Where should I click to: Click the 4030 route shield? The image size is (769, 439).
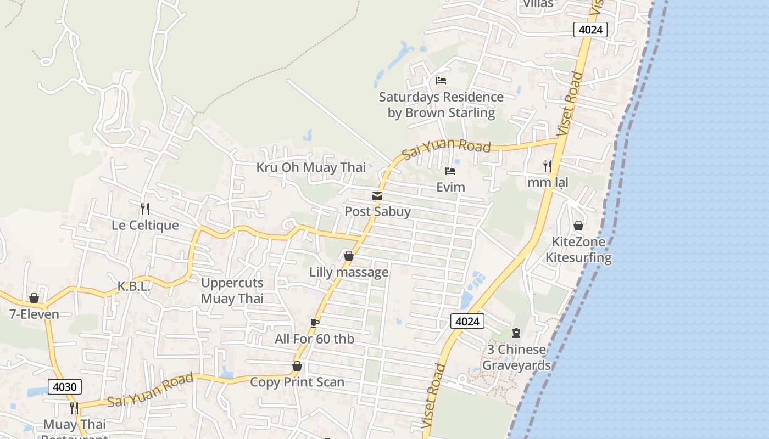pyautogui.click(x=65, y=387)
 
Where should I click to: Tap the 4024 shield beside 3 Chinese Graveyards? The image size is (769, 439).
pyautogui.click(x=467, y=321)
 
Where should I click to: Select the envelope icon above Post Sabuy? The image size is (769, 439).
pyautogui.click(x=377, y=196)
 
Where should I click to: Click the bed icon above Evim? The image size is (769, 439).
pyautogui.click(x=450, y=171)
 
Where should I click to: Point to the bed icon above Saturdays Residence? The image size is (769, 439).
pyautogui.click(x=441, y=81)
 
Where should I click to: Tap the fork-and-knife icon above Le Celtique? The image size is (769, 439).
pyautogui.click(x=145, y=209)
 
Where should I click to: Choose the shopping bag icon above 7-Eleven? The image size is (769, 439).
pyautogui.click(x=34, y=298)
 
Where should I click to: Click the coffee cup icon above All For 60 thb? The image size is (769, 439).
pyautogui.click(x=314, y=323)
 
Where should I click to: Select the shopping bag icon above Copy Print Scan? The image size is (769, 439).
pyautogui.click(x=297, y=366)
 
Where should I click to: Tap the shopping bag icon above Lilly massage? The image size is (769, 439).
pyautogui.click(x=348, y=256)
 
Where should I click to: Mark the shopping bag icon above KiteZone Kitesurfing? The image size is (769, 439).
pyautogui.click(x=578, y=226)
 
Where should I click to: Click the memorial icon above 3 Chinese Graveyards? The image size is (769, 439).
pyautogui.click(x=516, y=333)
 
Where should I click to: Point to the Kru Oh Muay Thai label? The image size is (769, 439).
pyautogui.click(x=311, y=167)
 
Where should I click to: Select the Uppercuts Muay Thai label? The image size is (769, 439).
pyautogui.click(x=232, y=291)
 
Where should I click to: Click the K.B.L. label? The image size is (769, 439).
pyautogui.click(x=134, y=286)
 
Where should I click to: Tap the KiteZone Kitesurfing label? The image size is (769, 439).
pyautogui.click(x=578, y=250)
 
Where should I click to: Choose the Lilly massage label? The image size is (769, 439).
pyautogui.click(x=349, y=272)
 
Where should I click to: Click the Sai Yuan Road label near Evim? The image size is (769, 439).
pyautogui.click(x=446, y=149)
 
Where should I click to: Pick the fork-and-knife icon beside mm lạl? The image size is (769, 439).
pyautogui.click(x=547, y=166)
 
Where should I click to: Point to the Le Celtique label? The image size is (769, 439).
pyautogui.click(x=145, y=225)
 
